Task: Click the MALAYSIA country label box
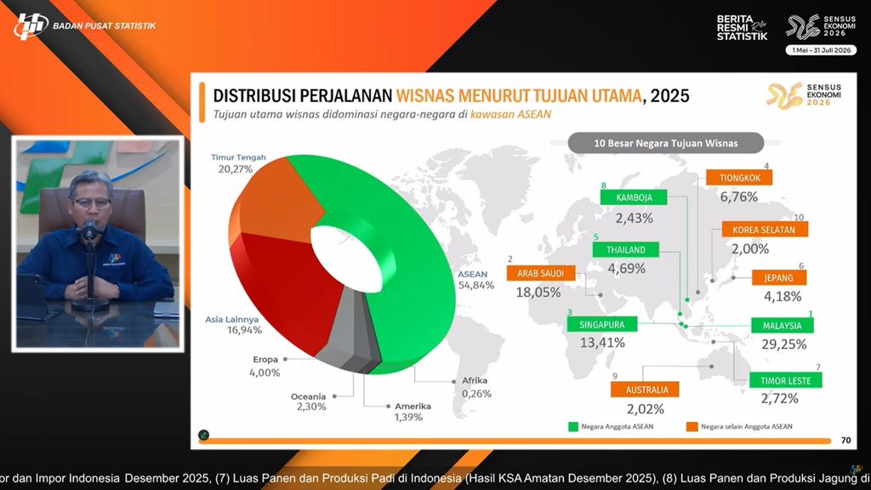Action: click(782, 325)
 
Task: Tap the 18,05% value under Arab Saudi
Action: click(538, 292)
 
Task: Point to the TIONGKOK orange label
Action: click(739, 179)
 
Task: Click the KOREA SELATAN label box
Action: click(764, 230)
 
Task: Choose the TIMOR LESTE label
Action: click(780, 381)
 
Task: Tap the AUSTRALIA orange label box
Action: click(645, 390)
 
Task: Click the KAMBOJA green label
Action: click(634, 197)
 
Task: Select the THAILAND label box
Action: click(626, 250)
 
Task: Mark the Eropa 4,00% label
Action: click(265, 365)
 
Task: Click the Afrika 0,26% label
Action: click(475, 387)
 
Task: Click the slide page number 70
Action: click(845, 441)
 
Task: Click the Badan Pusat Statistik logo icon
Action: click(31, 26)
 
